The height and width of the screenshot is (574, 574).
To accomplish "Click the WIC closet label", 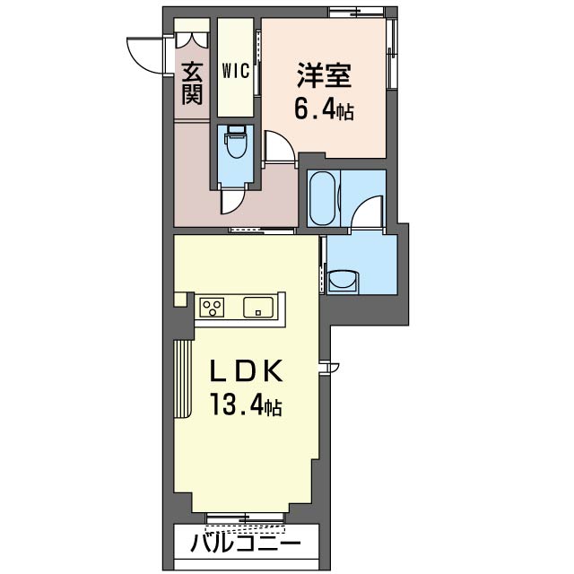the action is pyautogui.click(x=235, y=71).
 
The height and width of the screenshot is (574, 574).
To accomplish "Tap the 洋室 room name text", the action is pyautogui.click(x=325, y=75).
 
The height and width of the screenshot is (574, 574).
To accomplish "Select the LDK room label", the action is pyautogui.click(x=246, y=370).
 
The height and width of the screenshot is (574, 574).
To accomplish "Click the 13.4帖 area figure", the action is pyautogui.click(x=246, y=404).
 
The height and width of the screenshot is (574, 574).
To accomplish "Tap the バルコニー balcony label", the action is pyautogui.click(x=246, y=543).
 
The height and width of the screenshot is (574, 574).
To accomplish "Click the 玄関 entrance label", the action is pyautogui.click(x=192, y=83).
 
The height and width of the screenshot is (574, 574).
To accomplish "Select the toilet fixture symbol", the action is pyautogui.click(x=235, y=142).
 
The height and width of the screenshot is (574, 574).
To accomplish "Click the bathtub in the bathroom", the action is pyautogui.click(x=322, y=198).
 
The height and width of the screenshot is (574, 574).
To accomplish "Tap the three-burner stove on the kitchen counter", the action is pyautogui.click(x=212, y=307).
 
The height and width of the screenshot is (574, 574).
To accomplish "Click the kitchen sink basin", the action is pyautogui.click(x=258, y=307).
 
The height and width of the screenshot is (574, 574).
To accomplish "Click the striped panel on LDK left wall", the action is pyautogui.click(x=183, y=378).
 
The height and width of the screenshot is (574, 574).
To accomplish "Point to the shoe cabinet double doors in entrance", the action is pyautogui.click(x=191, y=39).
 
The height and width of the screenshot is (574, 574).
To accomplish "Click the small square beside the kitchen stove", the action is pyautogui.click(x=180, y=300).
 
